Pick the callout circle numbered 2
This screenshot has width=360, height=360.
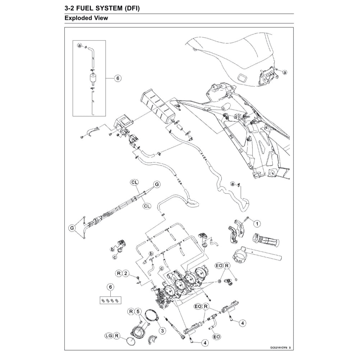[x=126, y=274]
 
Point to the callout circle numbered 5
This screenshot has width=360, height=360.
[x=139, y=311]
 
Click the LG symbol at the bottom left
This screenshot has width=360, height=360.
[x=108, y=336]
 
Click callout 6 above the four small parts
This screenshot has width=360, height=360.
[x=111, y=286]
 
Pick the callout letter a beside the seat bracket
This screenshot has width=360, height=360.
[x=285, y=72]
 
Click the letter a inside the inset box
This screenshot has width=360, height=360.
[x=80, y=46]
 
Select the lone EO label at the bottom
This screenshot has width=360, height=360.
[x=217, y=337]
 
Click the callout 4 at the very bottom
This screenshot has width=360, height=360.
[x=205, y=343]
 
